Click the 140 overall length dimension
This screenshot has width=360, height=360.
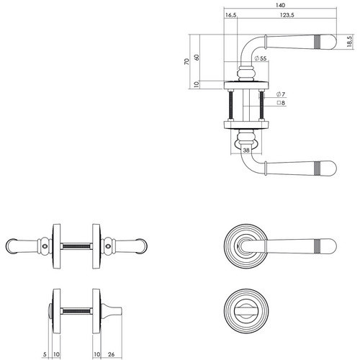(280, 5)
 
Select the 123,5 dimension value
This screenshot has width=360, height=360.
(287, 15)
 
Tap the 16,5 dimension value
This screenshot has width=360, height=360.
(230, 15)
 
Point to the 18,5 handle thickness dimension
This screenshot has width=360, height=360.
(349, 41)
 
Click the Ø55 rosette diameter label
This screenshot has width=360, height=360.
(261, 58)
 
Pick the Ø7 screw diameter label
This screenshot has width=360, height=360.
(281, 94)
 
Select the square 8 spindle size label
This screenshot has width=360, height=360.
(281, 103)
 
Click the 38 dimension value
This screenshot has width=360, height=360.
(246, 150)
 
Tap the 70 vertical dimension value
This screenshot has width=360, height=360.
(186, 61)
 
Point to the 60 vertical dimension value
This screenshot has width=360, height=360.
(197, 58)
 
